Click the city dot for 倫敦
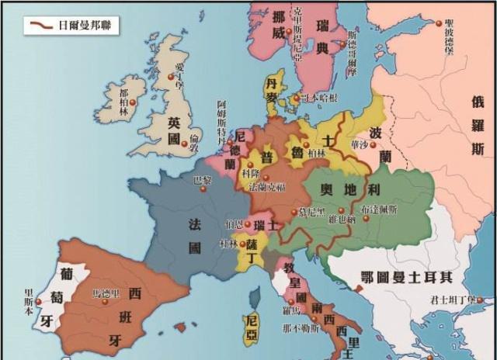(x=183, y=144)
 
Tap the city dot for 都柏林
(x=133, y=102)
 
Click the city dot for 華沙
(x=367, y=152)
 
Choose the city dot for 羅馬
(x=292, y=300)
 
